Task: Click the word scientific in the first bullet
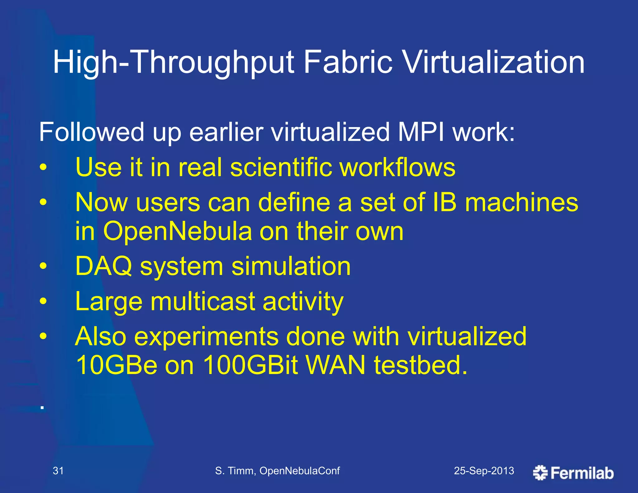[x=281, y=167]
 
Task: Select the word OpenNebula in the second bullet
[x=177, y=231]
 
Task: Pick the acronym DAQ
[x=104, y=266]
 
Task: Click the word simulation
[x=291, y=266]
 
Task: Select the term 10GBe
[x=117, y=365]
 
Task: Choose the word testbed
[x=421, y=365]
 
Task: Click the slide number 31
[x=58, y=471]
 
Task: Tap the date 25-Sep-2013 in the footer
[x=484, y=471]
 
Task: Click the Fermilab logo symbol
[x=540, y=473]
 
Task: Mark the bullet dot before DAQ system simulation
[x=43, y=266]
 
